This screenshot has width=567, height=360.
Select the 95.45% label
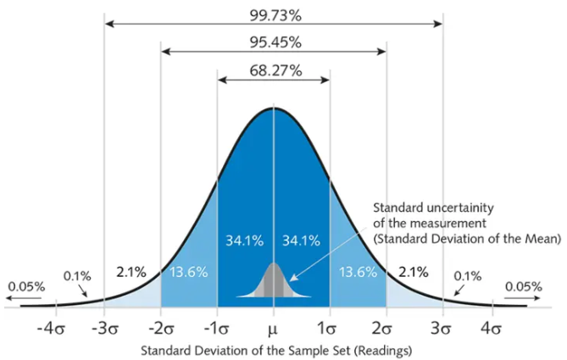[x=273, y=41]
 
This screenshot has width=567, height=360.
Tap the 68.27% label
[x=273, y=70]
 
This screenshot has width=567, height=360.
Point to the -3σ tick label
[x=103, y=326]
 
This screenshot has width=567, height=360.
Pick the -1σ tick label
[x=216, y=326]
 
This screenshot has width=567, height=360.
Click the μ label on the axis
[x=273, y=326]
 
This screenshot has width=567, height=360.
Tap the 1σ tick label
[x=329, y=326]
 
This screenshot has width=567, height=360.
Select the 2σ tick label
[x=386, y=326]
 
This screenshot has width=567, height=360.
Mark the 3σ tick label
[x=442, y=326]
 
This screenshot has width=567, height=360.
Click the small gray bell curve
[x=273, y=284]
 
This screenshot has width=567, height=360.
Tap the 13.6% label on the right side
[x=357, y=272]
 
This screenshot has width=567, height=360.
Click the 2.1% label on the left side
[x=131, y=272]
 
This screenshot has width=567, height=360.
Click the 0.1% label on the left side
[x=76, y=275]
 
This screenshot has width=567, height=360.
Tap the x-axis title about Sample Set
[x=273, y=349]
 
